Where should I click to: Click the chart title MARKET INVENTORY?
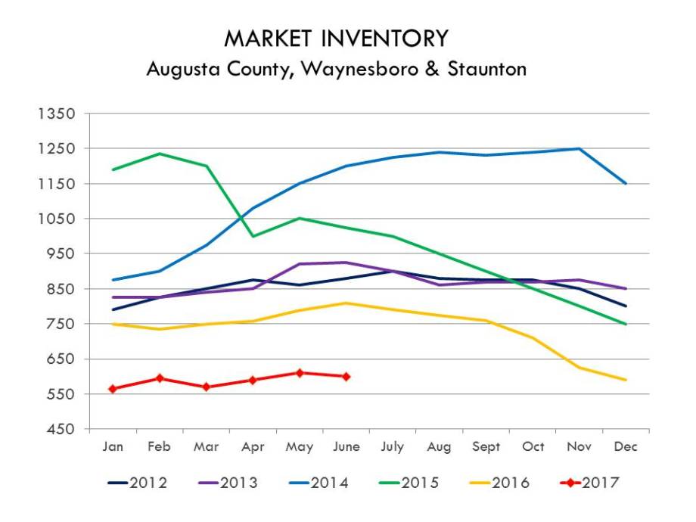point(336,39)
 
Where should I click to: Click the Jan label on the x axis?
point(113,446)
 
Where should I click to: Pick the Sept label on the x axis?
point(486,446)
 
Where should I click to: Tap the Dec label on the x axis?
point(626,446)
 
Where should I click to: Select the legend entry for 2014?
point(321,482)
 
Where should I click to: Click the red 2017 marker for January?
point(113,389)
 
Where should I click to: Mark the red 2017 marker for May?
point(300,373)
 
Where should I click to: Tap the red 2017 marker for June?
point(346,377)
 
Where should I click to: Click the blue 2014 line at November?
point(579,148)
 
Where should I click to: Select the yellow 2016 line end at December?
point(626,380)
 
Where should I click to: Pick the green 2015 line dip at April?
point(253,236)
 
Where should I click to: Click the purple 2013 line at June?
point(346,263)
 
